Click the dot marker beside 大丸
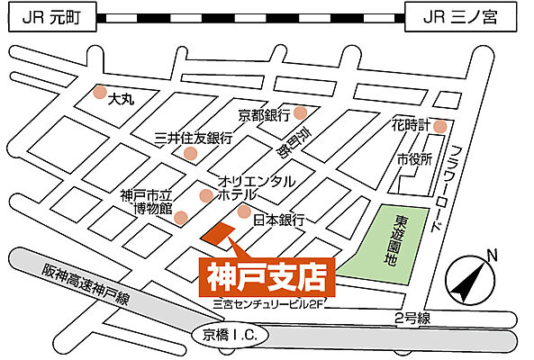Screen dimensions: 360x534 coord(99,92)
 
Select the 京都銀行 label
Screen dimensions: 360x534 coord(264,115)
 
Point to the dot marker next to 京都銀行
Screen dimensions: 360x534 coord(300,113)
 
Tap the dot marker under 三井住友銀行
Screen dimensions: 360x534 coord(190,153)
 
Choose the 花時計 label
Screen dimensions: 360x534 coord(410,124)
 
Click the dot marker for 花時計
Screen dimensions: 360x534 coord(439,127)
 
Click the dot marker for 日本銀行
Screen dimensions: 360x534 coord(244,211)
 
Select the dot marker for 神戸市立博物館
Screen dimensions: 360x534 coord(181,217)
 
